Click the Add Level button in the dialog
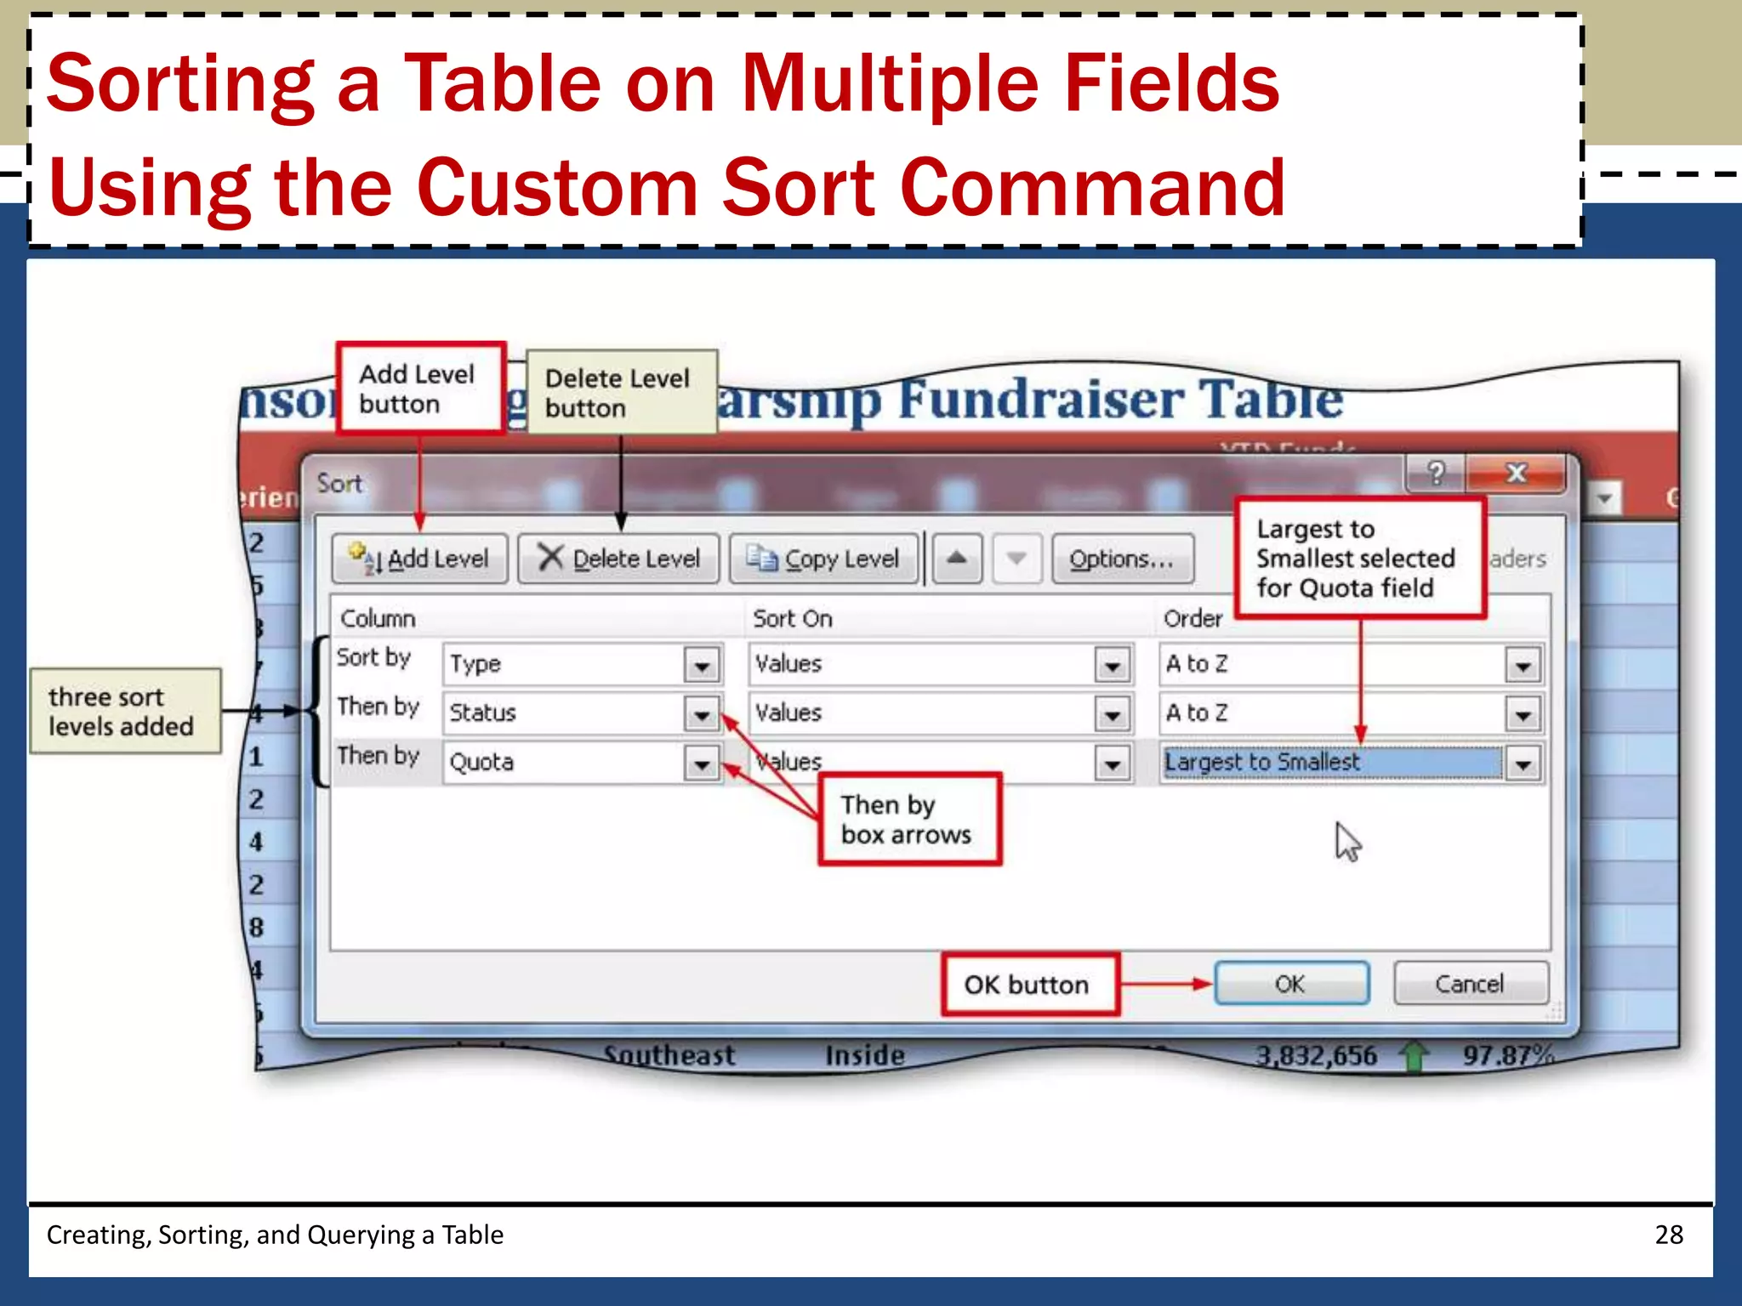(x=419, y=559)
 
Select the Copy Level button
(x=824, y=559)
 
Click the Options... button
(x=1122, y=559)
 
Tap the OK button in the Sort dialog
(x=1291, y=984)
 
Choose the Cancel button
(x=1470, y=984)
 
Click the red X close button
(x=1517, y=473)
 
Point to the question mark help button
(x=1436, y=473)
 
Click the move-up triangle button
(x=957, y=559)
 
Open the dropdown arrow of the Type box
(x=703, y=665)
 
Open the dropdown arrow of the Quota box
(x=703, y=764)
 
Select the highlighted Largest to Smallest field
(x=1331, y=762)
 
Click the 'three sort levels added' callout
(x=125, y=712)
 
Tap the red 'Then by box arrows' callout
(x=909, y=820)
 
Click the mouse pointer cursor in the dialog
(x=1346, y=842)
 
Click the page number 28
(x=1668, y=1235)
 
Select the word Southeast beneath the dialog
(x=669, y=1055)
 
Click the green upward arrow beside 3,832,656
(x=1413, y=1057)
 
